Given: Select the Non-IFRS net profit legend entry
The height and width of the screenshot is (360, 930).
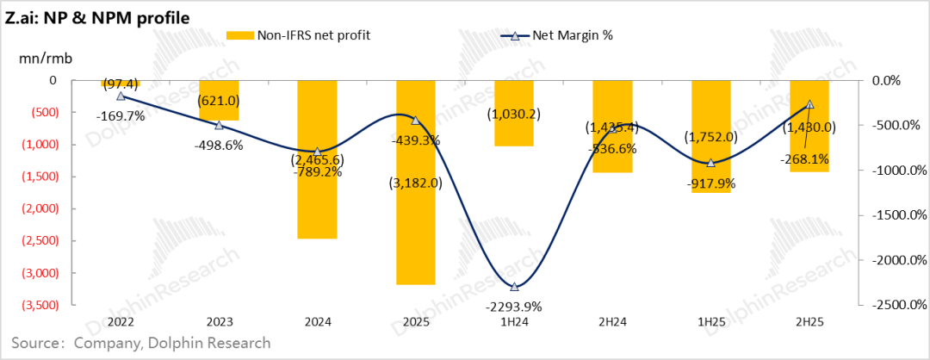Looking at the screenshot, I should point(297,35).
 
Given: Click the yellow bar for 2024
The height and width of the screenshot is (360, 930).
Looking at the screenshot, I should point(317,159).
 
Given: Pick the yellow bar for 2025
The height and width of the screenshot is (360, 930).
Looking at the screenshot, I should point(415,182).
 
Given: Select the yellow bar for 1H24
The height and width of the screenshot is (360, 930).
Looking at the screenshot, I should point(514,114).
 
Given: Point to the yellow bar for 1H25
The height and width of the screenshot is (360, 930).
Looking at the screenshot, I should point(710,136).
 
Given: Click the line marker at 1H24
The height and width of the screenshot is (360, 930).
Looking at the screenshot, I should point(514,287).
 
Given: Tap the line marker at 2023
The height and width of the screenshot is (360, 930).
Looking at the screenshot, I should point(219,125).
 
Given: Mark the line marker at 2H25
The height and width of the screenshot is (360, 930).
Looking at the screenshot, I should point(809,104).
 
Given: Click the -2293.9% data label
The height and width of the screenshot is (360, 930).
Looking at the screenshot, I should point(513,306).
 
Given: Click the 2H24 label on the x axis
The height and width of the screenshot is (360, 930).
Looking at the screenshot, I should point(612,322).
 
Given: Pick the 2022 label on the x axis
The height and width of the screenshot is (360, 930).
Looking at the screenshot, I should point(121,322).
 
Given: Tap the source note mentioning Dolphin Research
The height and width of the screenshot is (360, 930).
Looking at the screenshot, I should point(136,344).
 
